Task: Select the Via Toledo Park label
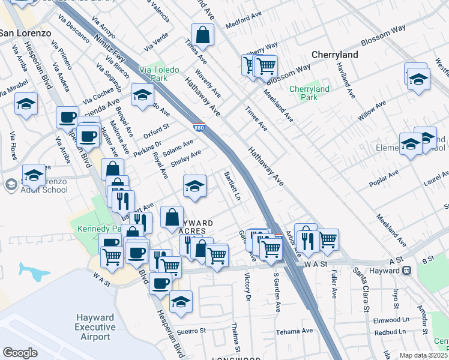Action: click(159, 74)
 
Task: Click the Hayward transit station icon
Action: click(408, 271)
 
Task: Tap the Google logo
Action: click(20, 353)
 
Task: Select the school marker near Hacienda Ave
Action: click(142, 95)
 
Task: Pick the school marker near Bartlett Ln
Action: click(194, 187)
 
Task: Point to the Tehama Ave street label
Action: click(294, 331)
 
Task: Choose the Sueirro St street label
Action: click(191, 331)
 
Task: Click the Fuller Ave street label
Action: click(334, 283)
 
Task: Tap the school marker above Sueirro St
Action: click(180, 302)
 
